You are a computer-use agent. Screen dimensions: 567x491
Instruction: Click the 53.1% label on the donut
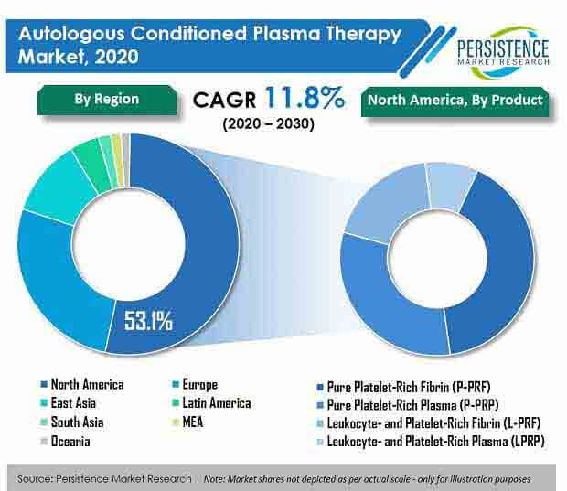coord(148,320)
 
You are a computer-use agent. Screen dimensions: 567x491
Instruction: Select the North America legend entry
coord(82,384)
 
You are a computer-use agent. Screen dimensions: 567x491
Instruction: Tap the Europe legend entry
coord(196,384)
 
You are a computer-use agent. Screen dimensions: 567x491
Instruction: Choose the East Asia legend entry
coord(69,403)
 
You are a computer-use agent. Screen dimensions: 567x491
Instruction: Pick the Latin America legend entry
coord(212,403)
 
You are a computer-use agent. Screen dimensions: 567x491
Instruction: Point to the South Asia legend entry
coord(72,422)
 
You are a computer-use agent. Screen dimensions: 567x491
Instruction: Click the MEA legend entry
coord(188,422)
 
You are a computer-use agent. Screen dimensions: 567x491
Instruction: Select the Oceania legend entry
coord(65,441)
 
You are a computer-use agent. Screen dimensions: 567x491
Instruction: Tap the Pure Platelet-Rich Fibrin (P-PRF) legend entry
coord(403,388)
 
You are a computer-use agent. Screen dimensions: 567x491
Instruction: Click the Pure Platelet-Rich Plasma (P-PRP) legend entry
coord(408,405)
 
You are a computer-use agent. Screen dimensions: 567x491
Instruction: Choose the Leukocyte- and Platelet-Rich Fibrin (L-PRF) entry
coord(429,423)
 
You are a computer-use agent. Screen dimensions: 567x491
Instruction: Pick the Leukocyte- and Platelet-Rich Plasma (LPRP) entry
coord(431,441)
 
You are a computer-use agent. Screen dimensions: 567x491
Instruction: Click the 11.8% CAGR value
coord(305,98)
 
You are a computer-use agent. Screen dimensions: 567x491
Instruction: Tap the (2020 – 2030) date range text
coord(268,124)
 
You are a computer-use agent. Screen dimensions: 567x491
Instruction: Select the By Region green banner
coord(107,101)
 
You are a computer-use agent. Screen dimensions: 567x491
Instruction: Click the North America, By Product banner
coord(455,101)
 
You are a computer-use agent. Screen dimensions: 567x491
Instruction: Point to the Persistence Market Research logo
coord(503,52)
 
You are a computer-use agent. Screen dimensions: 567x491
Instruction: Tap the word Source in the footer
coord(35,479)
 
